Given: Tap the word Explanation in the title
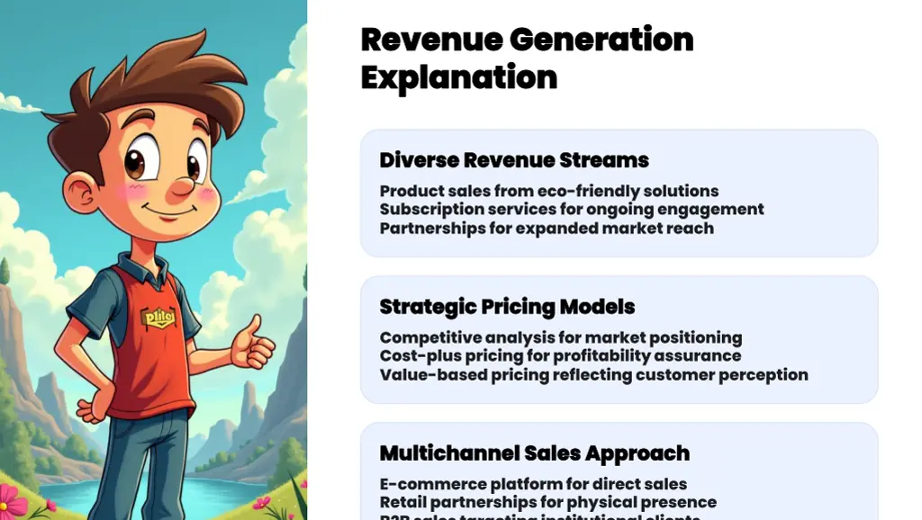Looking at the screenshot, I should [x=458, y=78].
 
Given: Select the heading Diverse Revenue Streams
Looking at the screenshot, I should [x=513, y=160].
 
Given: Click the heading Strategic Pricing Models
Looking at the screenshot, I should [x=506, y=307].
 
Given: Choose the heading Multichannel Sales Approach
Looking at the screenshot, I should [x=534, y=453].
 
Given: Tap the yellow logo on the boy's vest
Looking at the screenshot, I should [x=158, y=318].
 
